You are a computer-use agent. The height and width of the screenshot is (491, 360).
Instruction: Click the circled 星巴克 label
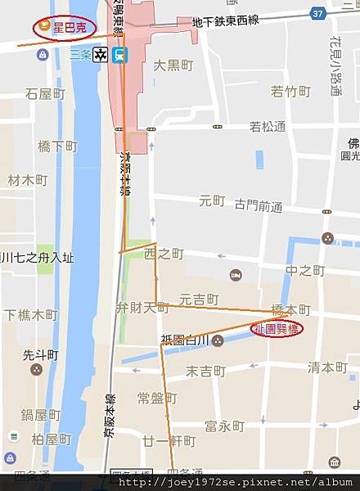click(x=64, y=28)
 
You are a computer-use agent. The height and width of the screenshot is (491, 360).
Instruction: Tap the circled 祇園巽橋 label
click(x=277, y=329)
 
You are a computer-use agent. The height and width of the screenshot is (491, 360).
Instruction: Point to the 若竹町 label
click(x=290, y=91)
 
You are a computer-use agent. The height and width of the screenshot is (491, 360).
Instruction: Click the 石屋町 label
click(x=45, y=94)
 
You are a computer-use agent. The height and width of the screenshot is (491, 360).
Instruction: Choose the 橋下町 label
click(x=57, y=146)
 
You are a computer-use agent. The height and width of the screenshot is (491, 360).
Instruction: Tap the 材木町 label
click(x=28, y=179)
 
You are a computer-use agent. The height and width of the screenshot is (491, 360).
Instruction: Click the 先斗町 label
click(x=41, y=355)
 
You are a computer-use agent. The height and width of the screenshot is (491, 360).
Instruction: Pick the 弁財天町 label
click(x=142, y=308)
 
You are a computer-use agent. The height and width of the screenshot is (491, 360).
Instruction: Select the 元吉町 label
click(x=200, y=299)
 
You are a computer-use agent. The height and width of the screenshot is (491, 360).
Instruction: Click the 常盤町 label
click(x=156, y=399)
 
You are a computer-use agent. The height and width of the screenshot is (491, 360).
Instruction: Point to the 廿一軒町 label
click(x=169, y=441)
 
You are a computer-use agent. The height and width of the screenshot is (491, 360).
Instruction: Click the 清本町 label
click(x=327, y=368)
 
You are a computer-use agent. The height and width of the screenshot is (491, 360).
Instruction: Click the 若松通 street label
click(x=268, y=127)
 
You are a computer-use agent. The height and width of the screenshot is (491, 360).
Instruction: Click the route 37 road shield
click(x=318, y=13)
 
